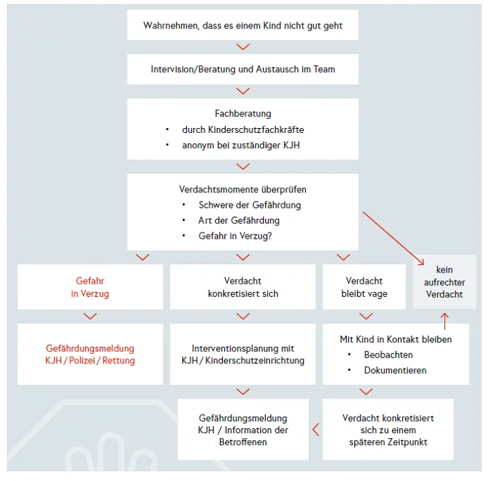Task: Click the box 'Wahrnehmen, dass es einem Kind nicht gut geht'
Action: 243,25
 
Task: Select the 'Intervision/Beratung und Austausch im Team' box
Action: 243,69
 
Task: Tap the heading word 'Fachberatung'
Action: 243,114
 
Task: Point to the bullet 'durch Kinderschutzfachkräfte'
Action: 243,129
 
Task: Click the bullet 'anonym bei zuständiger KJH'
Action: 241,145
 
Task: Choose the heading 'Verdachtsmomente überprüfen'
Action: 243,189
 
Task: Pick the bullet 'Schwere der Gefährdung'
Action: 250,205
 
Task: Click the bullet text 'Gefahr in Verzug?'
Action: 235,236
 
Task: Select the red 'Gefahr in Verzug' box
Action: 90,287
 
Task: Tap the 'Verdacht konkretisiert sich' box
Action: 243,287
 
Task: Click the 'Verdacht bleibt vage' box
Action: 364,287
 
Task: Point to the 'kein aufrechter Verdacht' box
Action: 444,282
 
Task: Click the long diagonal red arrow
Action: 393,238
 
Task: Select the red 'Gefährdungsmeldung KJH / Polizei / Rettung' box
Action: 90,354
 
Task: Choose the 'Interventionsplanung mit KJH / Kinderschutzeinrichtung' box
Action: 243,354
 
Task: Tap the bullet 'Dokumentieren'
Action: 395,370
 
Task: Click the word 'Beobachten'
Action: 388,354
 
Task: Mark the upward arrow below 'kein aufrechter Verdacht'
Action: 445,321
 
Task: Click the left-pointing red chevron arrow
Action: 316,430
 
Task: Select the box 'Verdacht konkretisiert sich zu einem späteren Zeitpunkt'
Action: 388,429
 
